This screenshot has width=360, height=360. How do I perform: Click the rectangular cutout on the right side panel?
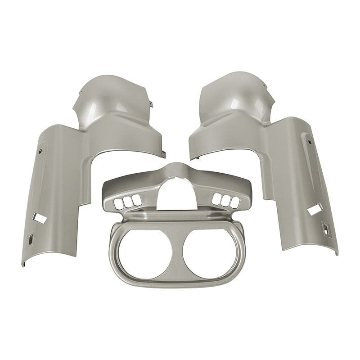coord(312,210)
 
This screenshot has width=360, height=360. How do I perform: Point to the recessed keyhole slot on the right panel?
coord(325,227)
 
